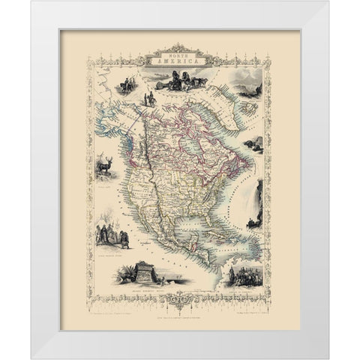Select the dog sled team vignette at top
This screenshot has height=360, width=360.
coord(179,79)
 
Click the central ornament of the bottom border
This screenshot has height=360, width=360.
coord(179,298)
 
